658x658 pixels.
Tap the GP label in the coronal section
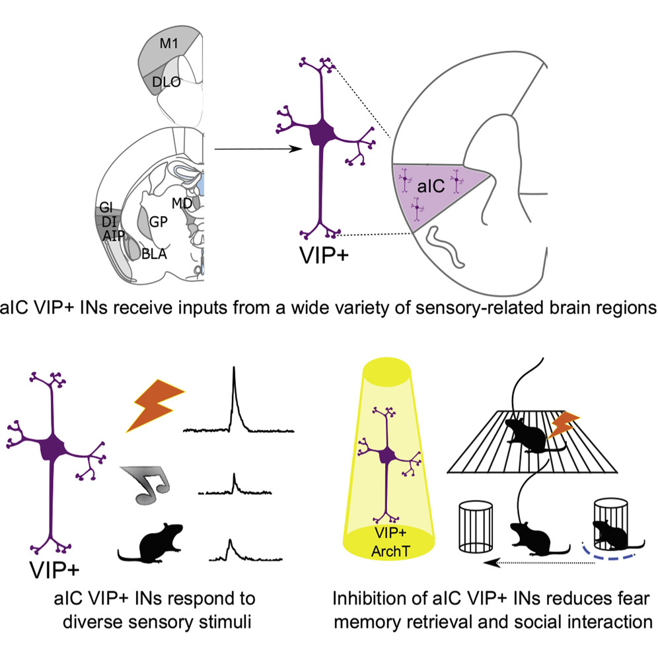(x=158, y=223)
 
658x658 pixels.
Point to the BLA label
(x=155, y=252)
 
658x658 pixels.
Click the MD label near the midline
(x=182, y=203)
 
